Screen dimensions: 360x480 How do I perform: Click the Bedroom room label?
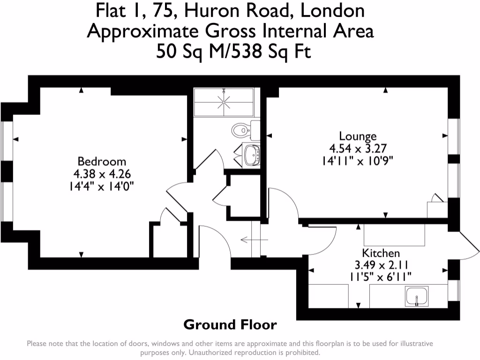tap(102, 162)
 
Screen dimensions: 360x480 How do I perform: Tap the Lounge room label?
tap(358, 136)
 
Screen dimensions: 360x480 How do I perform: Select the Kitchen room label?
tap(381, 253)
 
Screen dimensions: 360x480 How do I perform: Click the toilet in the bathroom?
tap(241, 129)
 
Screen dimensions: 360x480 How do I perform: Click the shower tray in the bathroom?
tap(224, 102)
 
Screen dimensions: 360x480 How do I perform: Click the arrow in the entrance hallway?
tap(254, 240)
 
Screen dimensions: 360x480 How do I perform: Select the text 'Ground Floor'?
tap(230, 324)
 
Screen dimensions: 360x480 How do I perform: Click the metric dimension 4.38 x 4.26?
tap(102, 173)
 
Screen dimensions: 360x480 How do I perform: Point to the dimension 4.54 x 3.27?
tap(358, 149)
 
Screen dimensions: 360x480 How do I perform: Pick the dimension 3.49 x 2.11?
tap(381, 265)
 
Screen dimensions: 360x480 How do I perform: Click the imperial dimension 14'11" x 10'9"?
tap(358, 160)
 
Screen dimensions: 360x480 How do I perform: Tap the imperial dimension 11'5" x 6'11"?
tap(381, 277)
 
